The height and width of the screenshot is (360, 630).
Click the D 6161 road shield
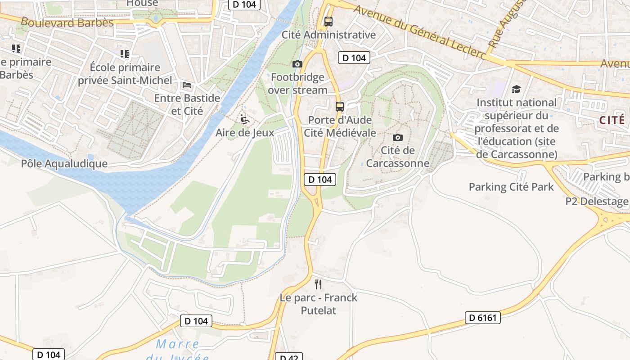click(482, 318)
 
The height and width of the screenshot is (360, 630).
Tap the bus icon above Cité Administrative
click(328, 21)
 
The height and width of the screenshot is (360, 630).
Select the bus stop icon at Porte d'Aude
click(340, 107)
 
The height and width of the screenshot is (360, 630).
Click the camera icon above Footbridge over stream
click(297, 64)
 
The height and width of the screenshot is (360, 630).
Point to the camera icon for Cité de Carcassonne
click(398, 137)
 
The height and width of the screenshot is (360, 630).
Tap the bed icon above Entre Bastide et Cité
click(187, 85)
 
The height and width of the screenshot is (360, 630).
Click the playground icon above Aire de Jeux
click(245, 119)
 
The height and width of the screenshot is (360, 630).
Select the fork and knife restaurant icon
click(318, 284)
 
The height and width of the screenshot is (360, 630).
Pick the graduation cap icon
click(516, 90)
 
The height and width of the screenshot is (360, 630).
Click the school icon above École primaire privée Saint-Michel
click(125, 54)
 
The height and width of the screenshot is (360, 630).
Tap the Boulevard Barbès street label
click(67, 22)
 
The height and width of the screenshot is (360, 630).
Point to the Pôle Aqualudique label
click(64, 163)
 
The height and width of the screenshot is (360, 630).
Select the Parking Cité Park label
click(511, 187)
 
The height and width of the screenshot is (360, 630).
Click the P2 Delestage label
click(597, 201)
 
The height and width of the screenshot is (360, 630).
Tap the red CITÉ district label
click(612, 120)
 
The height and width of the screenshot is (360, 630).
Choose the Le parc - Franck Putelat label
click(319, 304)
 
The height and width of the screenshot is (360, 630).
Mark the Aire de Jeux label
click(245, 133)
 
